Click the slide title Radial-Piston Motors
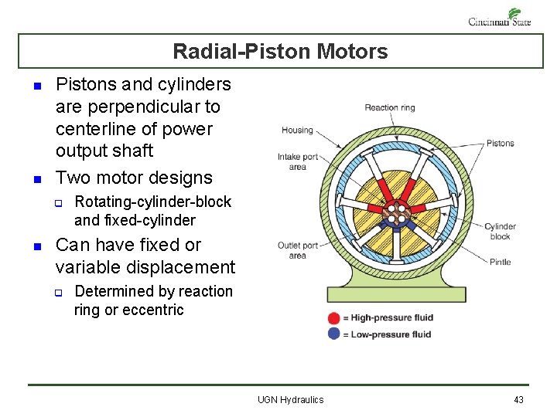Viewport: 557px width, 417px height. (x=280, y=52)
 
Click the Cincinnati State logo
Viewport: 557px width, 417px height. (x=501, y=17)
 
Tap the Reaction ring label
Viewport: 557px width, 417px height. (x=389, y=107)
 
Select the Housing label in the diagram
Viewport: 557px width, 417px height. (x=296, y=130)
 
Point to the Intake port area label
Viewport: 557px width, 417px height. (x=297, y=161)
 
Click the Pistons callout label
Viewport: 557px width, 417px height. (x=500, y=143)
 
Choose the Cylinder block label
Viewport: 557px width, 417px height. (x=500, y=231)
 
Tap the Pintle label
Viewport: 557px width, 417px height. (x=500, y=262)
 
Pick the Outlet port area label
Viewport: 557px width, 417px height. (x=297, y=250)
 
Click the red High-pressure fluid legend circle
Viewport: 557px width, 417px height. (x=333, y=317)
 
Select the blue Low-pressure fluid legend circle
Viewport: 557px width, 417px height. (x=333, y=334)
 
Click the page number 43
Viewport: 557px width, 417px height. (x=518, y=399)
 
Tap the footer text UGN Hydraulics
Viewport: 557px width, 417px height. (x=291, y=399)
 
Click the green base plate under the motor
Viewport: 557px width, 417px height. (x=396, y=293)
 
